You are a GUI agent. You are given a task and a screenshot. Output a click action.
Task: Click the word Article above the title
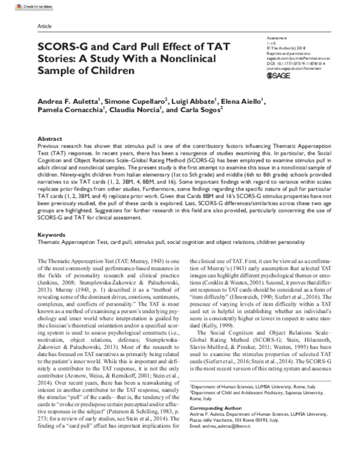pyautogui.click(x=44, y=28)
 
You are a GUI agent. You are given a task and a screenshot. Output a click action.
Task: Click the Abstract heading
pyautogui.click(x=50, y=137)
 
